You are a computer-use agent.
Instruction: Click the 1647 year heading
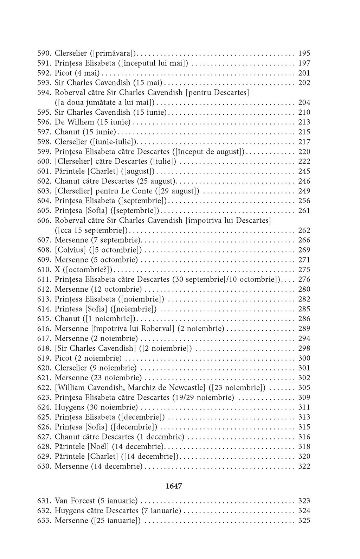click(x=173, y=486)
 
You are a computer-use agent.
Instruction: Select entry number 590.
click(x=44, y=53)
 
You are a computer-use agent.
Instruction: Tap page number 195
click(x=304, y=53)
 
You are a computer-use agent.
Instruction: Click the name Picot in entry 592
click(x=63, y=73)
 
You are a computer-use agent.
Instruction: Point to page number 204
click(x=304, y=103)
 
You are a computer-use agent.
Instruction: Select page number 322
click(x=304, y=466)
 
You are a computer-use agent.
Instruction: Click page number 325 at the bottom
click(x=304, y=521)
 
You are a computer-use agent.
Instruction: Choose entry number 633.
click(x=44, y=521)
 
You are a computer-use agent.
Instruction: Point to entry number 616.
click(x=44, y=329)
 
